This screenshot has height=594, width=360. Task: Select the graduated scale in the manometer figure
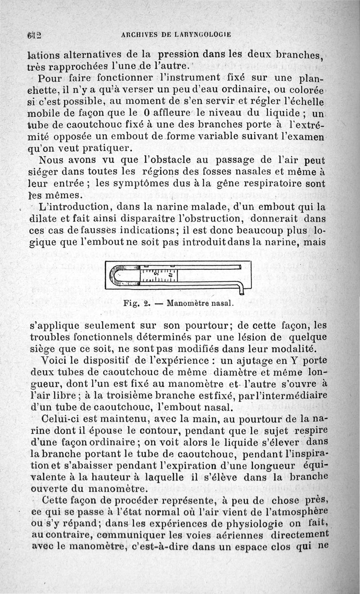coord(159,276)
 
